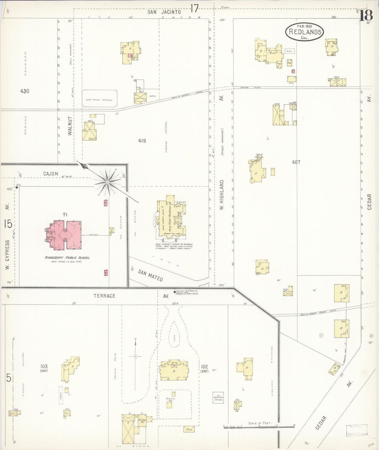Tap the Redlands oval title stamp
click(x=305, y=32)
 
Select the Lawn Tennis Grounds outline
click(x=99, y=98)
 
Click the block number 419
click(x=142, y=141)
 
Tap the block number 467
click(x=296, y=162)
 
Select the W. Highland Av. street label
click(x=222, y=195)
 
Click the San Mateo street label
click(x=151, y=275)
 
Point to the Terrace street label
click(x=104, y=296)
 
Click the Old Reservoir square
click(x=218, y=398)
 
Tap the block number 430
click(x=25, y=91)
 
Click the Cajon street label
click(x=51, y=174)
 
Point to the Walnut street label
click(x=70, y=126)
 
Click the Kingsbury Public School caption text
click(x=67, y=258)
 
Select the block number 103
click(x=44, y=366)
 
